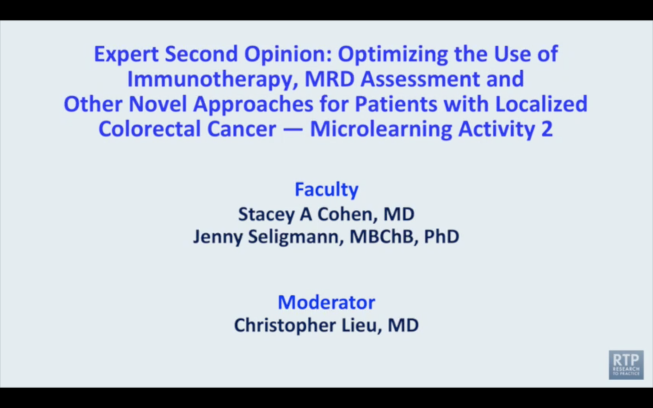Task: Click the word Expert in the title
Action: pos(126,54)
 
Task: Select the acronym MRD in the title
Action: pos(329,79)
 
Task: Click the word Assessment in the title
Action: pos(420,79)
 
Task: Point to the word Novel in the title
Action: pos(157,104)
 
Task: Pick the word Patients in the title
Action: pos(396,104)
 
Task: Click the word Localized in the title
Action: pos(541,104)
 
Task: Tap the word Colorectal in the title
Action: pos(150,129)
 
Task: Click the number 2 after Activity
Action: pos(547,129)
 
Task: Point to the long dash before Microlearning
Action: pos(293,130)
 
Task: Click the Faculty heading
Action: pos(326,190)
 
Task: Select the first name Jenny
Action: pos(218,237)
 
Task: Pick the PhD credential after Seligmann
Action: pos(442,236)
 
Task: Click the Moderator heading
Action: pos(326,302)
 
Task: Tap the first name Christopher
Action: pos(285,325)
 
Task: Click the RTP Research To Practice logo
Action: pos(626,365)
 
